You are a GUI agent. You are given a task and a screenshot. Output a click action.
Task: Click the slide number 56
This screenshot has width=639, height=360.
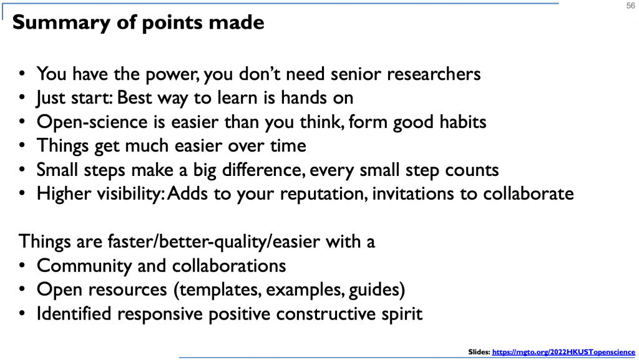click(x=630, y=6)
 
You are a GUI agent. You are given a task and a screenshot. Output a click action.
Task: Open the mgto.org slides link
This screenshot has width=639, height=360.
click(x=562, y=352)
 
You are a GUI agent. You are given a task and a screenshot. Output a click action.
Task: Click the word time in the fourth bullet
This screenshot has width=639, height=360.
click(x=286, y=146)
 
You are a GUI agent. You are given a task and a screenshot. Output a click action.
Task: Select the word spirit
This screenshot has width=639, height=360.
click(x=400, y=313)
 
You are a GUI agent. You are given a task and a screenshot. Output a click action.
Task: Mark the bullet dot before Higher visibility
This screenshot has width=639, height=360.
click(x=22, y=194)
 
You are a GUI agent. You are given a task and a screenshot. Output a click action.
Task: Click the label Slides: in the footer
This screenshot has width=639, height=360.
click(x=479, y=352)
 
